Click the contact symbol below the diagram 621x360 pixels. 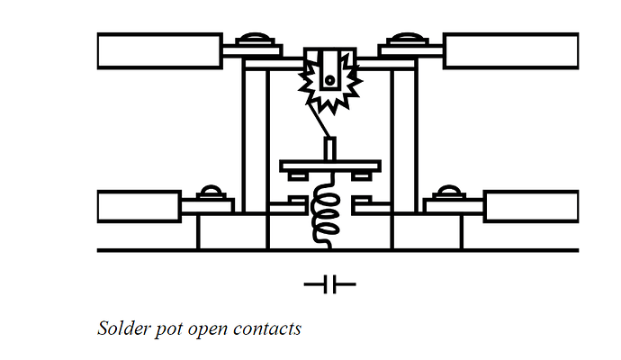click(x=330, y=284)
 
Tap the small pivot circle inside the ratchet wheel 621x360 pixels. click(x=329, y=80)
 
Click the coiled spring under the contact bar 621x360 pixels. click(x=326, y=211)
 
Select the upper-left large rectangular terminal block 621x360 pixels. click(x=159, y=51)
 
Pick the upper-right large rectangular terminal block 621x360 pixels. click(x=510, y=51)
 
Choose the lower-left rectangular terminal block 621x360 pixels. click(x=139, y=206)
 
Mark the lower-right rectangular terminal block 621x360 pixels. click(x=531, y=206)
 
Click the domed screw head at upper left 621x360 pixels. click(x=256, y=39)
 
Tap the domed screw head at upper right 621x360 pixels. click(x=409, y=39)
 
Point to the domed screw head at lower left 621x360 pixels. click(x=211, y=192)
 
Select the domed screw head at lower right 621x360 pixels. click(x=448, y=192)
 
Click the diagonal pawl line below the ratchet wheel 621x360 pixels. click(x=319, y=121)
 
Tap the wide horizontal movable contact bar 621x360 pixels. click(x=330, y=166)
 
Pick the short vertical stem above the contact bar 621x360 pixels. click(x=330, y=148)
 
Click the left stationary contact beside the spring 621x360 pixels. click(x=288, y=206)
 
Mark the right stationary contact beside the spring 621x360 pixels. click(x=372, y=206)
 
